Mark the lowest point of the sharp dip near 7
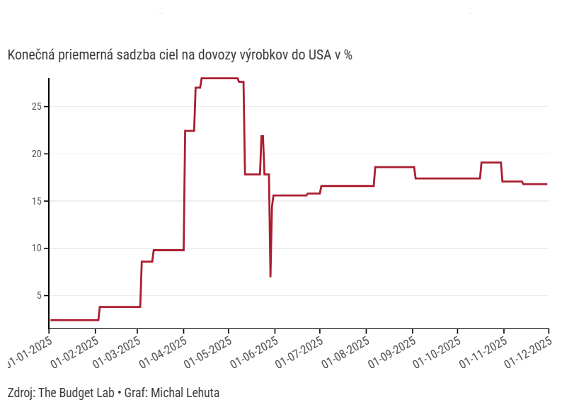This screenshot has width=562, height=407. click(270, 276)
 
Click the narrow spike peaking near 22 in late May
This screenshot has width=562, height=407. click(262, 136)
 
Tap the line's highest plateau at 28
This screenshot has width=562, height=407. click(219, 78)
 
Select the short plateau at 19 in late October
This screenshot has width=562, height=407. click(491, 163)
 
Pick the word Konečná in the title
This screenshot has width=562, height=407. click(29, 55)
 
